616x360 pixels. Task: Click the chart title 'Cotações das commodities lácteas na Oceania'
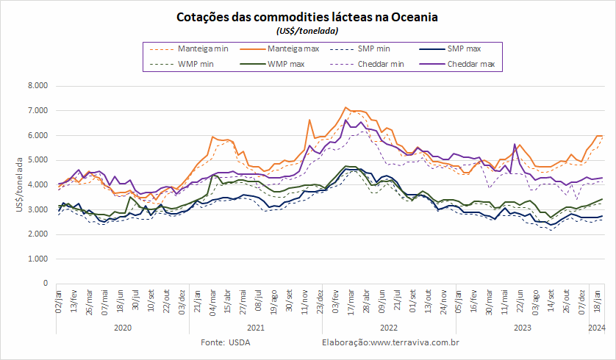[x=307, y=18]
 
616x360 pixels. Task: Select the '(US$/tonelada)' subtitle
[x=307, y=31]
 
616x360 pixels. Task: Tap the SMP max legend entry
[x=450, y=48]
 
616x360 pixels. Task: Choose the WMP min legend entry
[x=182, y=64]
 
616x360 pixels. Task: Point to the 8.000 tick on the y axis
[x=37, y=85]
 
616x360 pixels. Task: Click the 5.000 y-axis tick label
[x=37, y=159]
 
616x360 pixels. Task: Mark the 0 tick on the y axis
[x=46, y=283]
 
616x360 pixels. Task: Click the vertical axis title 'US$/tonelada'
[x=20, y=184]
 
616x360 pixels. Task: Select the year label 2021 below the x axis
[x=256, y=328]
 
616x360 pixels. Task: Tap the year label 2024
[x=597, y=328]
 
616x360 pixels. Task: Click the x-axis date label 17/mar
[x=351, y=302]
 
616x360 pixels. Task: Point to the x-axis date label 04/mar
[x=212, y=302]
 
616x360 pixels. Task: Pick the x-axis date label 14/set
[x=551, y=300]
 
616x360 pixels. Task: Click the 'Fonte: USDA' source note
[x=226, y=342]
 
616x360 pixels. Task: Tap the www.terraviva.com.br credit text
[x=415, y=342]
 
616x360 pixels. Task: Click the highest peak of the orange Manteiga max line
[x=345, y=107]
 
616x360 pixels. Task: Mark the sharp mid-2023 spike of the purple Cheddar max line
[x=515, y=144]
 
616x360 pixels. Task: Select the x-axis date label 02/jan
[x=59, y=301]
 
